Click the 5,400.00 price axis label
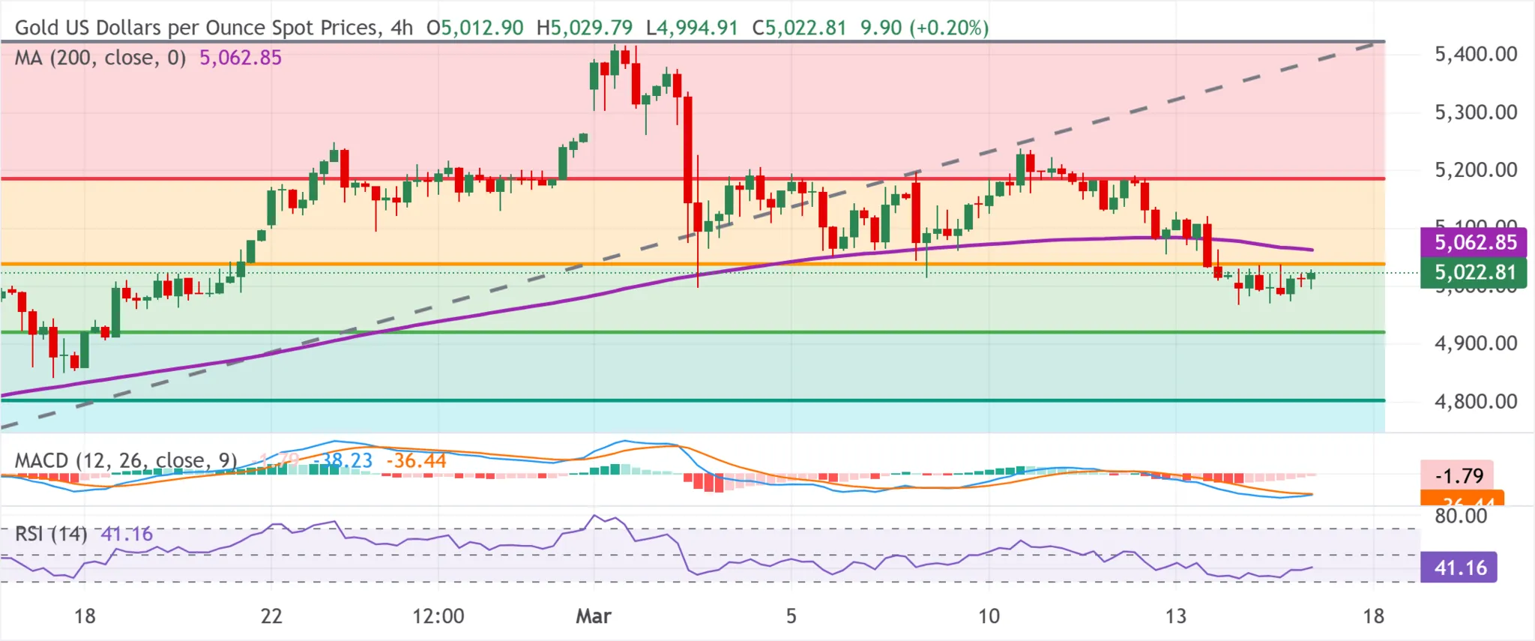(1475, 54)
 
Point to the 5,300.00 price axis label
(1475, 112)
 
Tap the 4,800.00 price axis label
(1475, 402)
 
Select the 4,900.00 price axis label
(1475, 343)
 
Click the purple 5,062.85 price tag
(1474, 242)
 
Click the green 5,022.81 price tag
(1474, 272)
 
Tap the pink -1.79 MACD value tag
(1458, 475)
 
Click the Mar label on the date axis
(593, 616)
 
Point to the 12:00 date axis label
(438, 616)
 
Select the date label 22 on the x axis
(271, 616)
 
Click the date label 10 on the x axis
(989, 616)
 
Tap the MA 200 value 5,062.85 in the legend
(241, 58)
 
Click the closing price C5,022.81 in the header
(799, 28)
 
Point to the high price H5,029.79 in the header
(585, 28)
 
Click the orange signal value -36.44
(416, 460)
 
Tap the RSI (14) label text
(51, 534)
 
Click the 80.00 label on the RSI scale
(1461, 516)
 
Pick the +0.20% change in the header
(949, 28)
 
